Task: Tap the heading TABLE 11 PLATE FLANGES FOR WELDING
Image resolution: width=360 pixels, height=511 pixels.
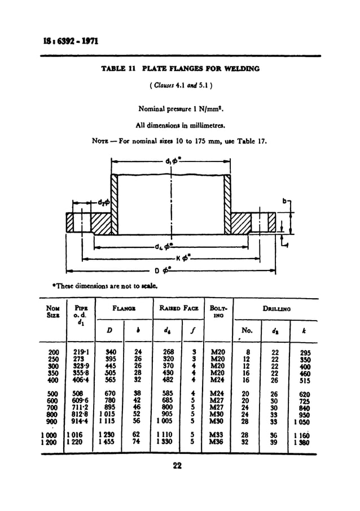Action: pos(180,69)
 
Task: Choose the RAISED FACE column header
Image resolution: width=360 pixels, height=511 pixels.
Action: pos(176,309)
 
